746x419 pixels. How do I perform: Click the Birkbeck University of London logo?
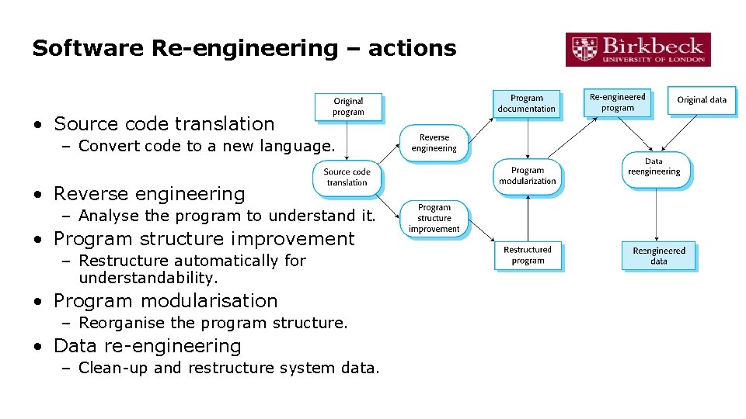pos(638,49)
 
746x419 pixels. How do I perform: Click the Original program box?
pos(348,107)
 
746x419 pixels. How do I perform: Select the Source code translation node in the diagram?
pos(347,178)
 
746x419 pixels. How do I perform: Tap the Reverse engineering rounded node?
pos(434,143)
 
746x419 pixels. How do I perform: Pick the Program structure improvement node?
pos(434,218)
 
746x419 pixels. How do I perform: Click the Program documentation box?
pos(527,103)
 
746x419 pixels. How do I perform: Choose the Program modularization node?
pos(528,176)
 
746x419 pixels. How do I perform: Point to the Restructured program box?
pos(528,255)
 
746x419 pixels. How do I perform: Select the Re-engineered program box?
pos(618,102)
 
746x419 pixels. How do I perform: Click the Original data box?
pos(702,100)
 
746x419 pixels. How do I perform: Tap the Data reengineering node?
pos(654,168)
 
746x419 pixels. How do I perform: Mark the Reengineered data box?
pos(659,256)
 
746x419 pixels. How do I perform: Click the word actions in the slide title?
pos(412,48)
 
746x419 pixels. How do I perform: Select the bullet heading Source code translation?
pos(164,123)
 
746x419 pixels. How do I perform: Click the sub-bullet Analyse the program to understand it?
pos(227,216)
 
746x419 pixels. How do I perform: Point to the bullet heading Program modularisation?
pos(166,300)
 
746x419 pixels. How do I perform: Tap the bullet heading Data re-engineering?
pos(148,345)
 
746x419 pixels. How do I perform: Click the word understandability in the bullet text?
pos(148,278)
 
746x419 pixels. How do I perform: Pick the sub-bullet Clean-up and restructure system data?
pos(229,368)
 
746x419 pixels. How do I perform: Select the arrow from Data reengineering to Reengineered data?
pos(657,213)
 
